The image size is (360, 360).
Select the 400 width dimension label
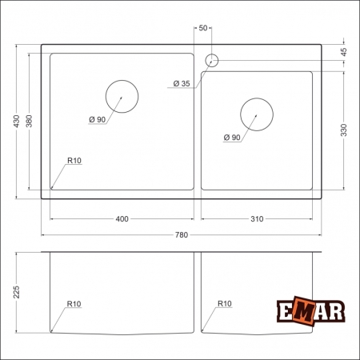[x=122, y=219]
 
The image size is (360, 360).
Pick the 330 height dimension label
[x=345, y=130]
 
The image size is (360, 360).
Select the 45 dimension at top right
[x=345, y=51]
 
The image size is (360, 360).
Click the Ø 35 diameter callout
[x=181, y=83]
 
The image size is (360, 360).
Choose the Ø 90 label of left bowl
[x=98, y=119]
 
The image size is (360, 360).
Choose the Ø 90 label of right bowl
[x=230, y=138]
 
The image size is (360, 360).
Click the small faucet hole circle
[x=213, y=60]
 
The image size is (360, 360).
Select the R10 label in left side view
[x=74, y=304]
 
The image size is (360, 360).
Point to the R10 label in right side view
[x=224, y=304]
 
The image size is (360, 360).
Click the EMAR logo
[x=310, y=313]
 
